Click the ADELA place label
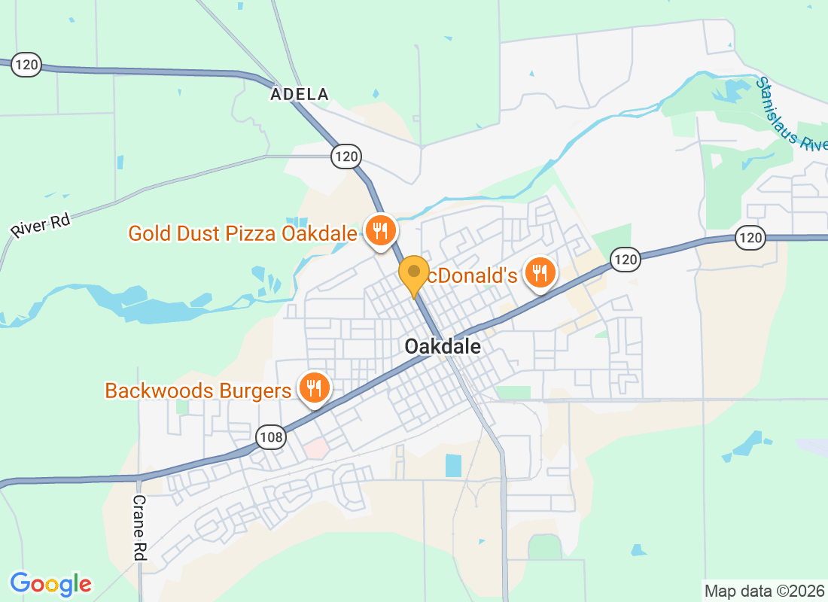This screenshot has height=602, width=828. coord(300,94)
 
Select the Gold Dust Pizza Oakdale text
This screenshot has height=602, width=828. coord(242,233)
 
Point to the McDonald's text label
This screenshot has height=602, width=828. coord(473,275)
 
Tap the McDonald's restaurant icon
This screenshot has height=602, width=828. coord(539,272)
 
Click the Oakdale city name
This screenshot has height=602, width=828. coord(442,346)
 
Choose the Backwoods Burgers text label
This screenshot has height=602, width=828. coord(198,391)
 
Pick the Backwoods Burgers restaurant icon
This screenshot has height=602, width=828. coord(313,388)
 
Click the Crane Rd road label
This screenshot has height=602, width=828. coord(139,527)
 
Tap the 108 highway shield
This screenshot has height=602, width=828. coord(270,436)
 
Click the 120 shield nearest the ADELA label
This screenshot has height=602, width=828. coord(346,157)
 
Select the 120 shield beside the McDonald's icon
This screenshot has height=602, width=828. coord(625,260)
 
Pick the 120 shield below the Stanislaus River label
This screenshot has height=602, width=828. coord(750,239)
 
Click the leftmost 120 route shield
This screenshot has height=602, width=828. coord(26,65)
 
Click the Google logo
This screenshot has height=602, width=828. coord(51,583)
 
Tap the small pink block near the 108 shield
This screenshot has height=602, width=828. coord(317,449)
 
